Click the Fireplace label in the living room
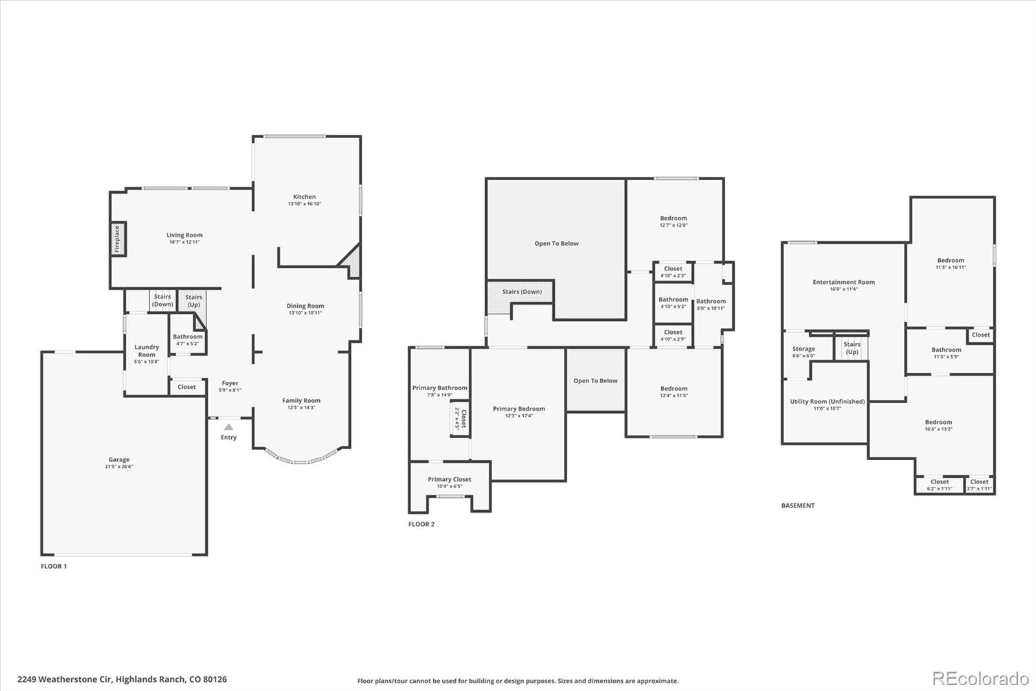117,239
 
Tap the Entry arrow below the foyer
229,427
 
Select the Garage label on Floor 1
119,460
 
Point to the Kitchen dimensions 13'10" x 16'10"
304,204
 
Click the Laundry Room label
146,351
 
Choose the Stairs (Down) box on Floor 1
163,300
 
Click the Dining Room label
305,306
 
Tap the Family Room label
301,401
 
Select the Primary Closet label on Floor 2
449,480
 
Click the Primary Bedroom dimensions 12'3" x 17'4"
519,416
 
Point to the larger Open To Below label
556,244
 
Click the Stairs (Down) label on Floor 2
522,292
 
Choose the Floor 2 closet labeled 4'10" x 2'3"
673,272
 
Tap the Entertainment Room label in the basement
844,282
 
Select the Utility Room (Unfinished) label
827,401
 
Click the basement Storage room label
804,349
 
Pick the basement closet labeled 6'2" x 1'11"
940,485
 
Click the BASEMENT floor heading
798,506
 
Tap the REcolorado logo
980,678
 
